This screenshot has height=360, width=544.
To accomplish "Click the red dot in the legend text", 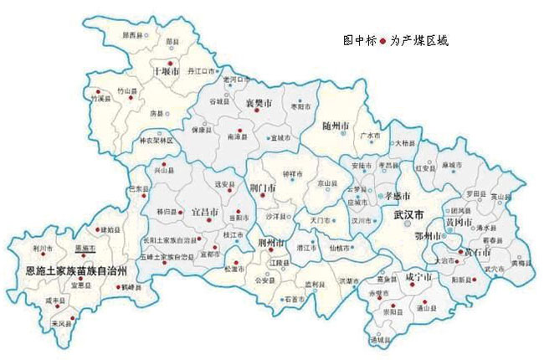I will click(x=384, y=40).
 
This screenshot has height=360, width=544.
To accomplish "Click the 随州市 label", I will click(x=336, y=126).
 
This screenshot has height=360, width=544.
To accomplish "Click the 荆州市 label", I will click(x=272, y=243).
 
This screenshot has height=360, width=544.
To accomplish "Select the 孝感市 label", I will click(x=398, y=195).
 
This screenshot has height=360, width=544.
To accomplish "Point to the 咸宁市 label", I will click(x=418, y=275).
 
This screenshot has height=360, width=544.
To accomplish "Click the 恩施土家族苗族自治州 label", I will click(x=71, y=271).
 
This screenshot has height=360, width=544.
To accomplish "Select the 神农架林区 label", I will click(x=154, y=140).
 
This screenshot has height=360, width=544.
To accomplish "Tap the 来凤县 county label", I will click(x=59, y=322).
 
